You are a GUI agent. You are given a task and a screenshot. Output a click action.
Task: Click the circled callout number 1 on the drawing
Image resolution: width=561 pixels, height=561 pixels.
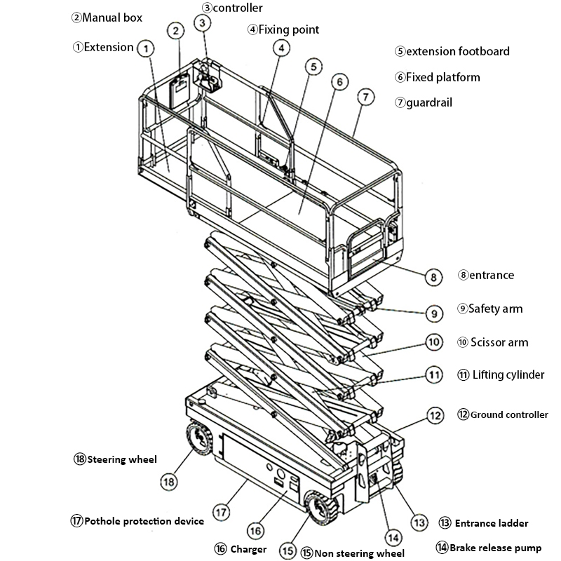coord(145,48)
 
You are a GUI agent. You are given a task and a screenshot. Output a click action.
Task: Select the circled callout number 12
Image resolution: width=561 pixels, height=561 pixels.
coord(435,415)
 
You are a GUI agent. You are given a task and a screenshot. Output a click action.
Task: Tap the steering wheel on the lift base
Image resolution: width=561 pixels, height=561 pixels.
coord(198,440)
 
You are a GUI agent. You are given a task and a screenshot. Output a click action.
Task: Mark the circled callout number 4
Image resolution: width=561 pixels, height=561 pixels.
coord(280,48)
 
